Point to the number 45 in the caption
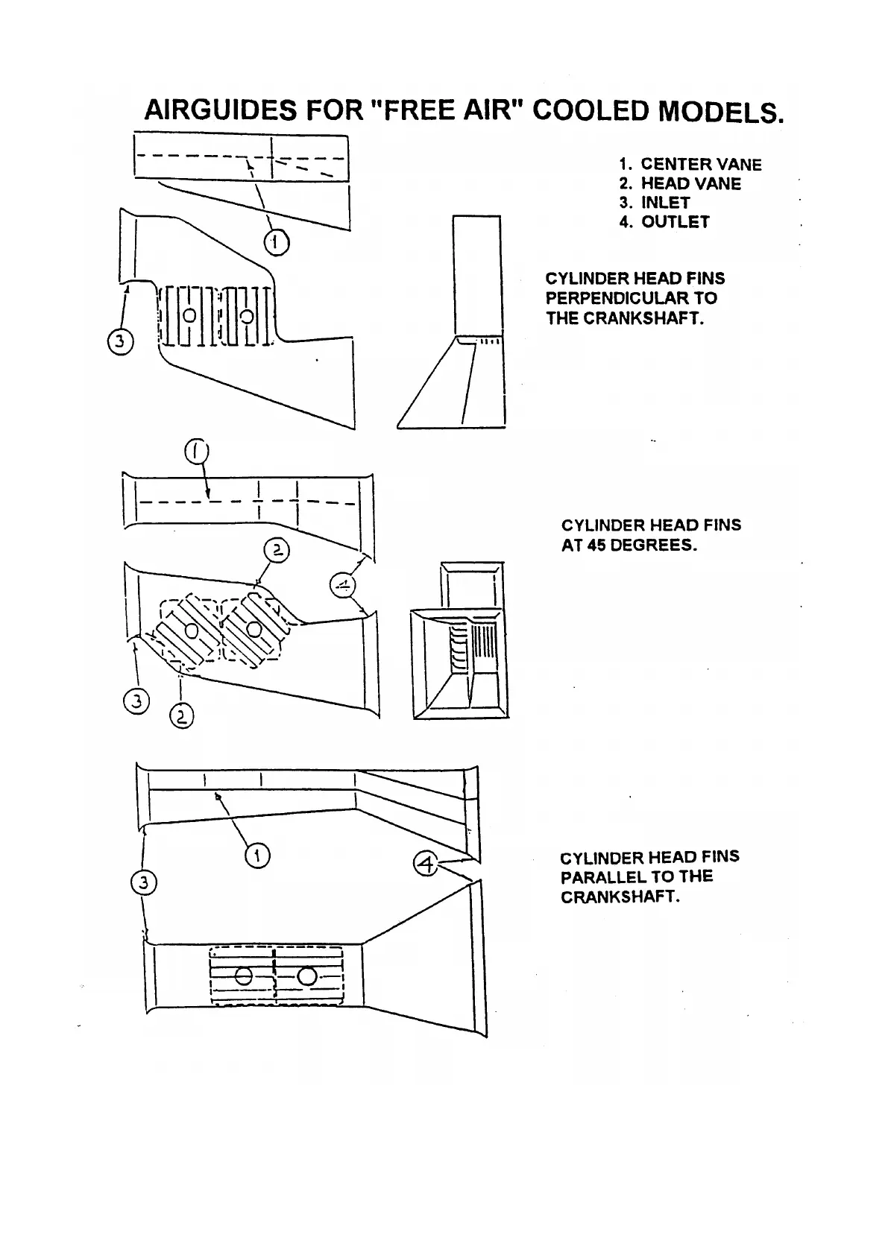coord(595,545)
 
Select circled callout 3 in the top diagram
coord(120,342)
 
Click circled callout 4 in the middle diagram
coord(343,585)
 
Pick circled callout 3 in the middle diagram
coord(136,701)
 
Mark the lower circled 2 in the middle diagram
coord(182,717)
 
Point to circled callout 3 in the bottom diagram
coord(143,883)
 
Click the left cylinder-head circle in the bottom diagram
coord(242,976)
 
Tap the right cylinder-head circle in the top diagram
coord(247,315)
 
